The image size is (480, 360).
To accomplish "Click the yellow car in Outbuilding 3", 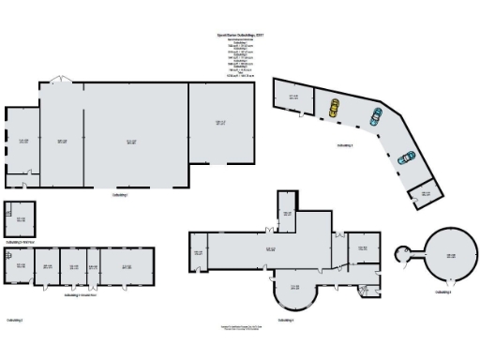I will coord(334,109).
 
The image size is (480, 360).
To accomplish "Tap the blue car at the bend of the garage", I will coord(376,117).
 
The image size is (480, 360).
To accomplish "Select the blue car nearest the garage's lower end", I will coord(407,157).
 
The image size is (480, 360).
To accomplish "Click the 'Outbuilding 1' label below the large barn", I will coord(119,195).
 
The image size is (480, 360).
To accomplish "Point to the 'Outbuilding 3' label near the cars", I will coord(345,146).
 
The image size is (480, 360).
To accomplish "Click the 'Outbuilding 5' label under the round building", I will coord(443,292).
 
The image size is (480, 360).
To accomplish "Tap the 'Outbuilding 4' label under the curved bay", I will coord(286,321).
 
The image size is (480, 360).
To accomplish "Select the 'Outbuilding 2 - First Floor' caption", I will coord(20,242).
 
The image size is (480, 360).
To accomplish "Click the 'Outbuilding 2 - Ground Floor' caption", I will coord(85,294).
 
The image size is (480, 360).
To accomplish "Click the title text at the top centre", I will coord(240,36).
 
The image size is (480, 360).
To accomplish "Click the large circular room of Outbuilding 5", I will coord(450,256).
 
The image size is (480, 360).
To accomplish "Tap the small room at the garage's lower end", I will coord(425,191).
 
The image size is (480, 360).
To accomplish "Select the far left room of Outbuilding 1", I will coord(22,141).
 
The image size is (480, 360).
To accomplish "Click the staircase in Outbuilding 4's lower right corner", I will coord(364,293).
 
